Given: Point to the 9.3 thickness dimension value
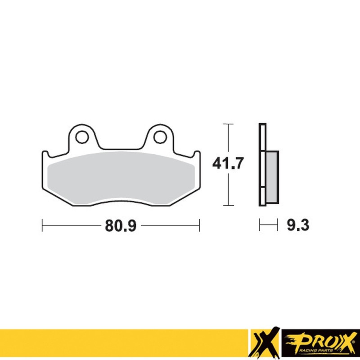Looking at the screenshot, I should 297,225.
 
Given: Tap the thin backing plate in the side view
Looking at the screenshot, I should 261,135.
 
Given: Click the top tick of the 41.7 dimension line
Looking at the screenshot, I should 229,124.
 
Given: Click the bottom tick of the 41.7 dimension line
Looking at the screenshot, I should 229,206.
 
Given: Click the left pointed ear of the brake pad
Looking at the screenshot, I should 44,155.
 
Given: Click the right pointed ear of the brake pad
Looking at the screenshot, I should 197,155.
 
